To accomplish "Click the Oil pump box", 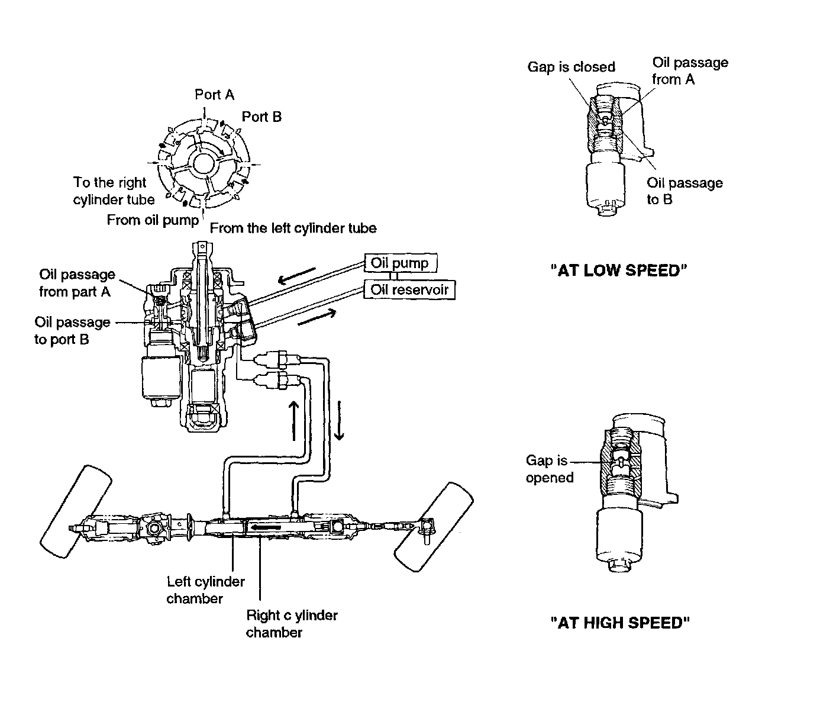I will click(x=399, y=263).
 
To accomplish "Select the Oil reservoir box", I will click(x=409, y=289).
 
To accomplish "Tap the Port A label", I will click(x=214, y=95).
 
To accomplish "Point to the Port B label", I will click(x=261, y=117).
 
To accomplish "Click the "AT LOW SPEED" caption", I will click(x=619, y=270).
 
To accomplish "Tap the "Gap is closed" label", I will click(x=571, y=67).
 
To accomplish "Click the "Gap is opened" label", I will click(x=549, y=469).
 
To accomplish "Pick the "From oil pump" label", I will click(x=153, y=220).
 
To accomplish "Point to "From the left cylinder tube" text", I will click(x=293, y=228).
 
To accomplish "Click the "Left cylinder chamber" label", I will click(x=205, y=590).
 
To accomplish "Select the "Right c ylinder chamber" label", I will click(x=291, y=623).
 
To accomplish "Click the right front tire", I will click(x=434, y=527).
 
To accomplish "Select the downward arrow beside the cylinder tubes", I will click(x=339, y=420).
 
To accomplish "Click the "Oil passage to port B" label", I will click(x=72, y=330).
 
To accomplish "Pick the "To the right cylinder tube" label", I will click(x=113, y=191).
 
